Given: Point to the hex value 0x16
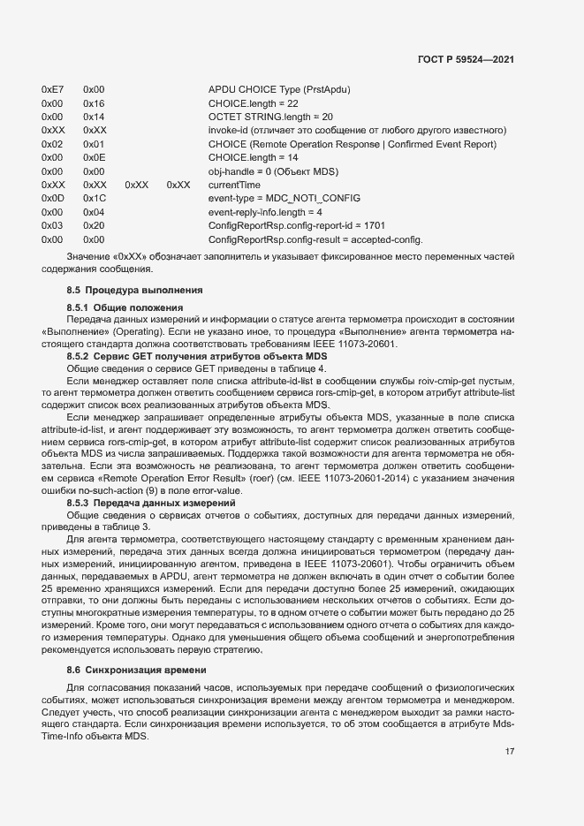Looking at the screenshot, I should click(x=94, y=103).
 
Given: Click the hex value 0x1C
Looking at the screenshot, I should click(x=94, y=199).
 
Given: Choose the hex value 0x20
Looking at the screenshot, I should click(x=94, y=226).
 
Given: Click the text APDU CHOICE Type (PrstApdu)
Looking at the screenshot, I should click(x=279, y=90).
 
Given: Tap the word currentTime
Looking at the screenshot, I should click(x=234, y=186).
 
